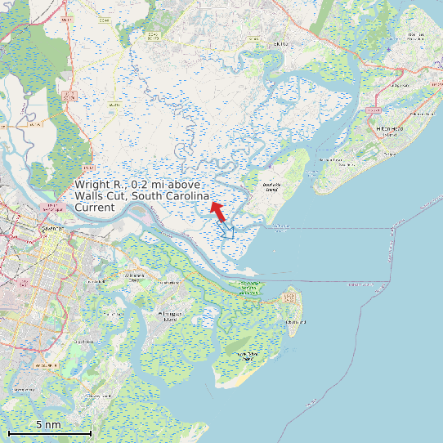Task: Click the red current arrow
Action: click(x=218, y=211)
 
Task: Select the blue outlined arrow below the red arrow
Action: click(x=226, y=230)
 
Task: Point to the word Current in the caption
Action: click(x=95, y=208)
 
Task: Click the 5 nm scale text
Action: click(x=48, y=425)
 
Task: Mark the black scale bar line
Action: click(x=49, y=432)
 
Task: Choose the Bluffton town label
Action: click(x=280, y=44)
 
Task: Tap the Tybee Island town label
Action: click(x=295, y=322)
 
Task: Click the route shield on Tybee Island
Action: click(x=289, y=296)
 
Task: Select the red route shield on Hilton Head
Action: click(x=374, y=110)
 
